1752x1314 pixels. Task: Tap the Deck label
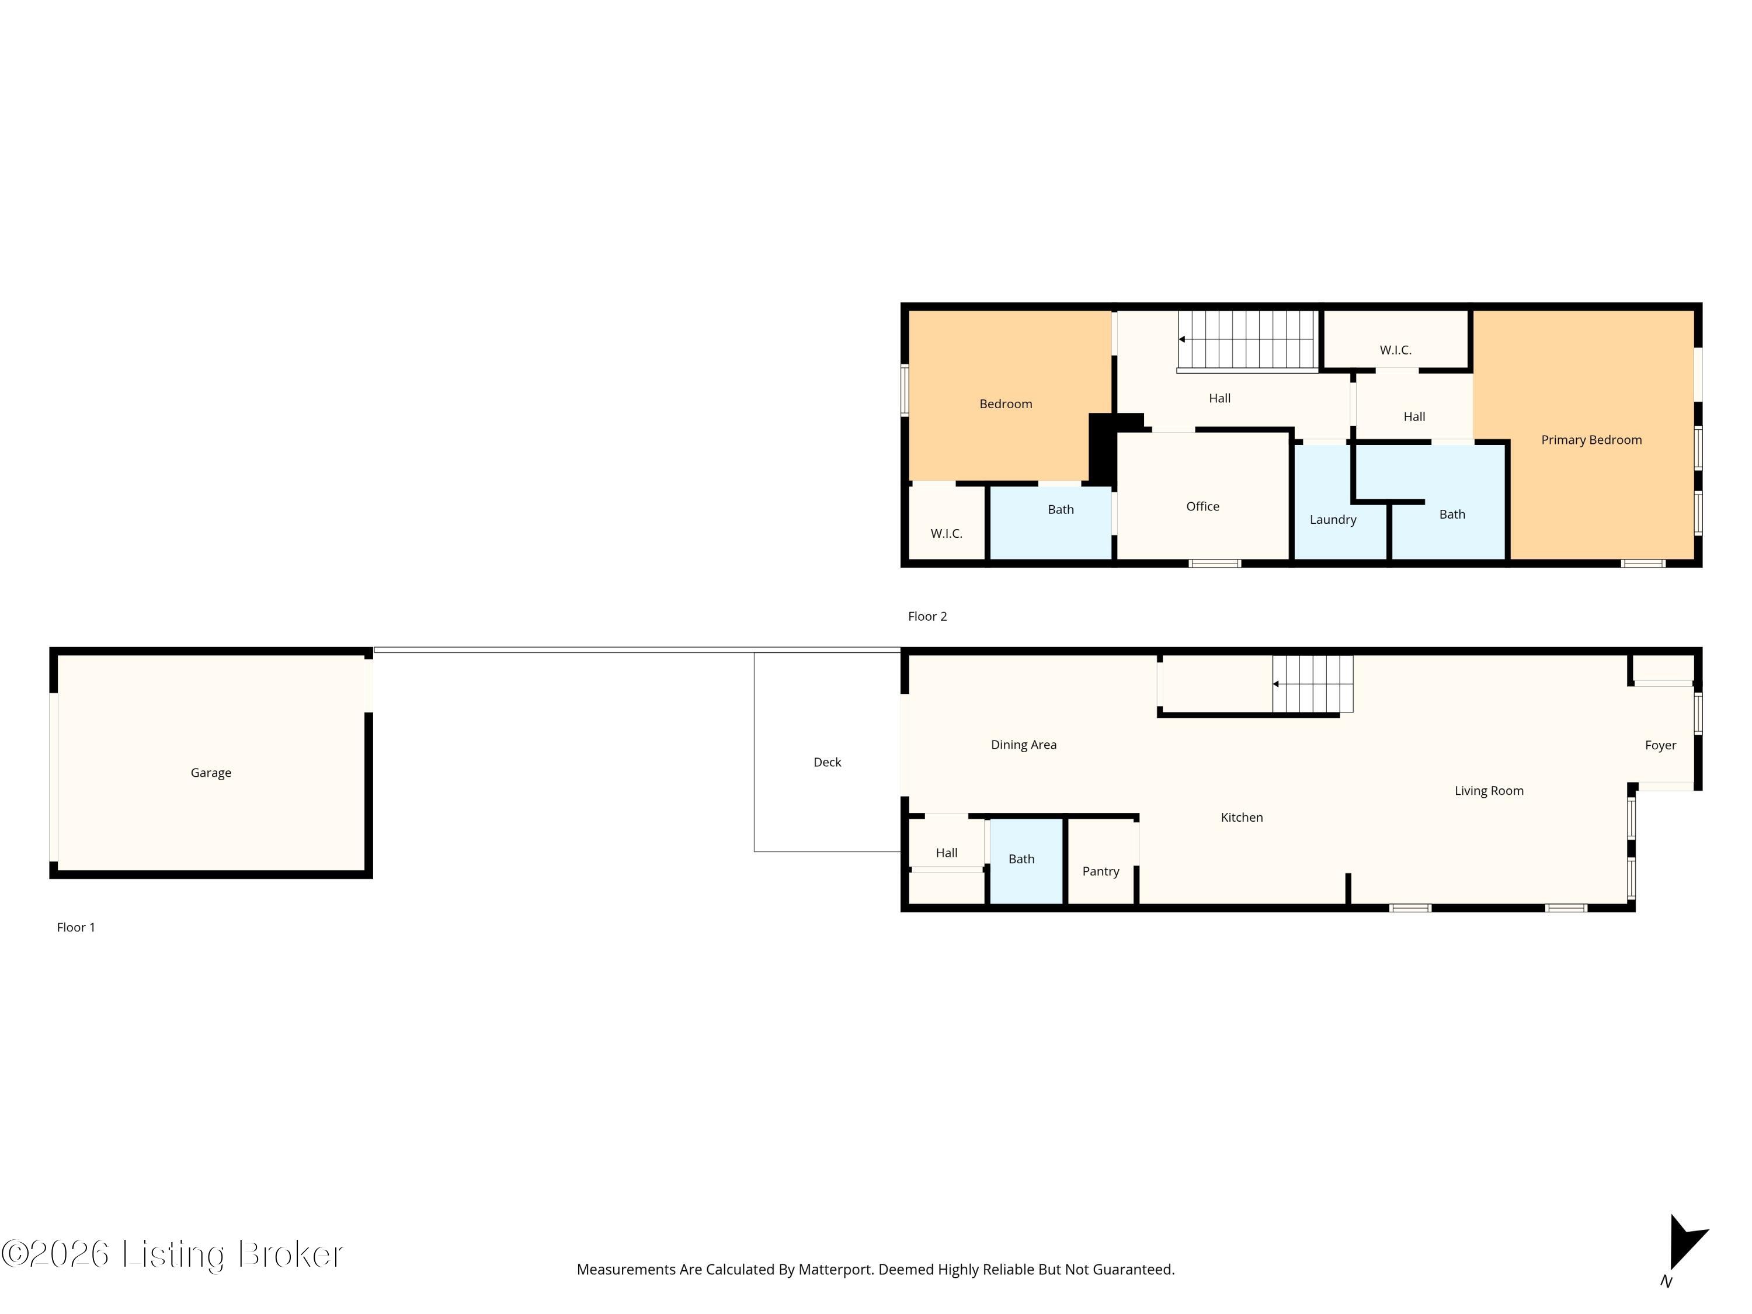(827, 762)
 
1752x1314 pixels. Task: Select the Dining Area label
(1023, 745)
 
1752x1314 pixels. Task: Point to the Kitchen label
(1241, 818)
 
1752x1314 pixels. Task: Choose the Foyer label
(1660, 745)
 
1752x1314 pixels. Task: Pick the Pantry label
(1100, 871)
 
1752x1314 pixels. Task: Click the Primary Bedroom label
(1591, 440)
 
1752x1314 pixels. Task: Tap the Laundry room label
(1333, 520)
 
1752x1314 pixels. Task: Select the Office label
(1202, 506)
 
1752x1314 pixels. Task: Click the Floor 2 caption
(927, 616)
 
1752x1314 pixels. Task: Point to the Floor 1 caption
(76, 927)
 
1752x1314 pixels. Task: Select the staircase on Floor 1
(1312, 683)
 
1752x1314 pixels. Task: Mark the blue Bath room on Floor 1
(1026, 861)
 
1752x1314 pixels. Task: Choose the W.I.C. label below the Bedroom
(947, 534)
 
